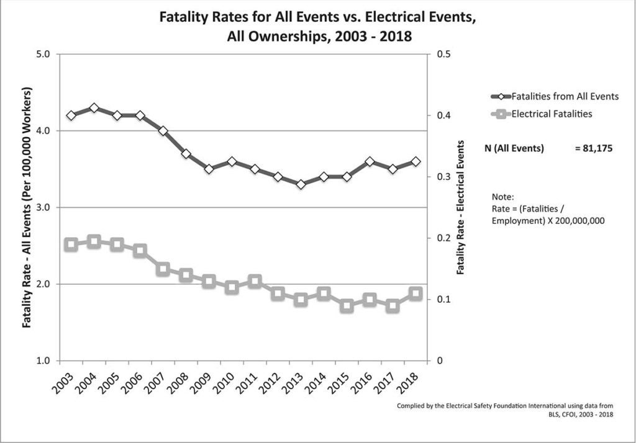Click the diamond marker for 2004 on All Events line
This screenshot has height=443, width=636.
click(94, 108)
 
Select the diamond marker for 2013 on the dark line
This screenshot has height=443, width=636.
click(301, 184)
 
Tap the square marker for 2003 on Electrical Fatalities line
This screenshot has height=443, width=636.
click(71, 244)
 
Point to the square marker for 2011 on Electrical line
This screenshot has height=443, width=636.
click(255, 282)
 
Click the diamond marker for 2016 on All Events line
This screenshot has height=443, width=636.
click(370, 161)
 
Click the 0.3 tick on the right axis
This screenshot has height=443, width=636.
click(443, 177)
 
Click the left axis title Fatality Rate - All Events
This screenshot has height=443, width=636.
click(28, 207)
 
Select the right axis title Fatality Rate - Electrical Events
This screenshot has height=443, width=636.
click(460, 207)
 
